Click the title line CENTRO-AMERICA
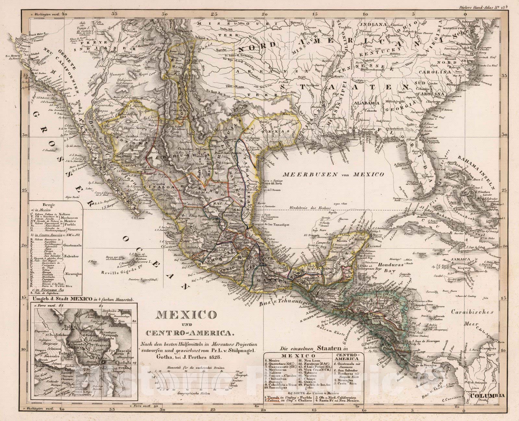pos(190,333)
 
